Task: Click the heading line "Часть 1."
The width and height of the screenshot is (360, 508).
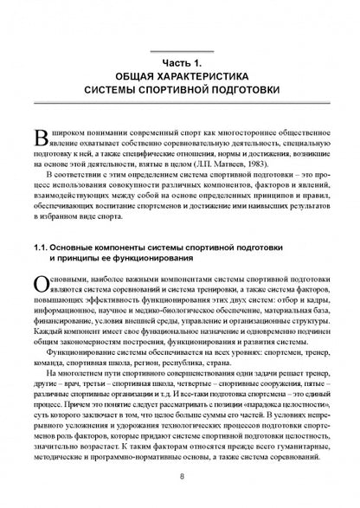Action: (x=179, y=63)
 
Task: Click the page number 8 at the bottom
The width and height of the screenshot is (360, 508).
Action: (x=181, y=475)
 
